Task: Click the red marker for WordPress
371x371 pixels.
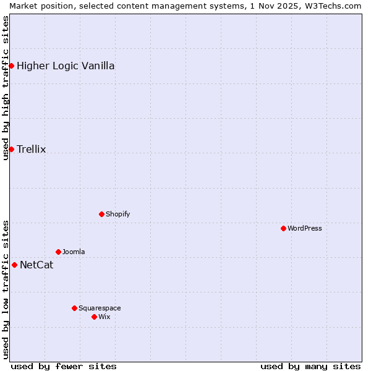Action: [283, 228]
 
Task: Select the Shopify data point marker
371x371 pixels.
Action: [101, 214]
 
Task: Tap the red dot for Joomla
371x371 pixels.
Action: [58, 252]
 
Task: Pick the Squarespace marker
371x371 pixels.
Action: [74, 308]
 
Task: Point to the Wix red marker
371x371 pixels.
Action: [94, 317]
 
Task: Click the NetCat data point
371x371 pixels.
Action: [14, 265]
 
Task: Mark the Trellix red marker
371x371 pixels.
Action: [11, 149]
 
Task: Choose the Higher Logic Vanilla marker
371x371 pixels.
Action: [11, 66]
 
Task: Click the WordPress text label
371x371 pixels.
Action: [305, 228]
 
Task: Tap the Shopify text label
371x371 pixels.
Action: [117, 214]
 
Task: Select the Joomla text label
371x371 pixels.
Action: [74, 252]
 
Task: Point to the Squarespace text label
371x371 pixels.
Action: [100, 308]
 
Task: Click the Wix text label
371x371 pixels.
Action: [104, 317]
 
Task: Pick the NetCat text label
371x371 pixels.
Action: [36, 265]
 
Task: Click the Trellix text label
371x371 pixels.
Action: [31, 149]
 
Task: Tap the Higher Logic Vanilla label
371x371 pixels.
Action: [66, 66]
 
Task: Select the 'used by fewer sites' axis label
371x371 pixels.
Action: [64, 366]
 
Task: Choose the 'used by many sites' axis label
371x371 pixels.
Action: [310, 366]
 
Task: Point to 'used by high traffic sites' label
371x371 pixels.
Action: [6, 88]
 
